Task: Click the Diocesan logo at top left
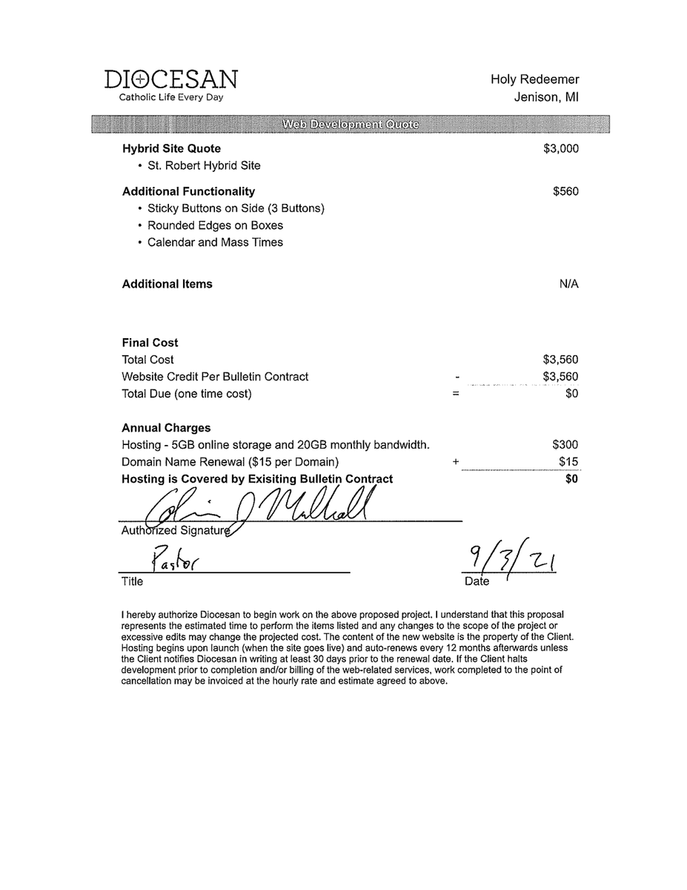click(x=171, y=79)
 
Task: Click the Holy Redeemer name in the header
click(x=534, y=79)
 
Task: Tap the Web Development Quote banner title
click(x=350, y=124)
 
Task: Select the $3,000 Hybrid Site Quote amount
click(x=560, y=148)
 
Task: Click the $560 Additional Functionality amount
click(x=565, y=191)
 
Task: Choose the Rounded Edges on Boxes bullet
click(x=215, y=225)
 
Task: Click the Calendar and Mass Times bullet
click(x=215, y=243)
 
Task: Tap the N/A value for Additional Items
click(x=568, y=284)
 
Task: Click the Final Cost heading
click(x=150, y=343)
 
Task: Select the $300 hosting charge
click(x=565, y=445)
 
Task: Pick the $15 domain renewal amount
click(x=568, y=462)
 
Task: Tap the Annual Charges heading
click(x=166, y=428)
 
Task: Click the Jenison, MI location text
click(x=546, y=97)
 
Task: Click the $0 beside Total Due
click(x=571, y=394)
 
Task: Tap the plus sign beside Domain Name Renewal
click(x=456, y=462)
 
